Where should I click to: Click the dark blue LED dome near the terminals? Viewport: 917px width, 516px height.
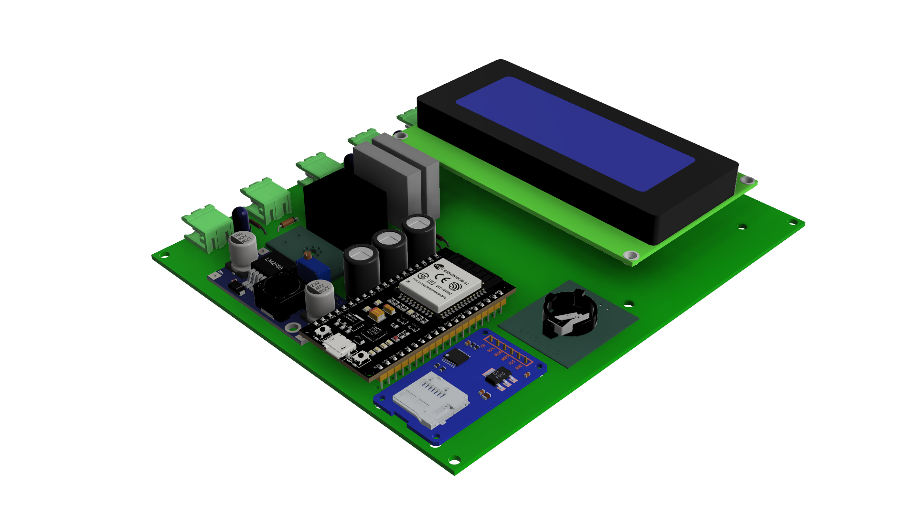pyautogui.click(x=241, y=218)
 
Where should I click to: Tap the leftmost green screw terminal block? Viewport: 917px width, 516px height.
pyautogui.click(x=208, y=227)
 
